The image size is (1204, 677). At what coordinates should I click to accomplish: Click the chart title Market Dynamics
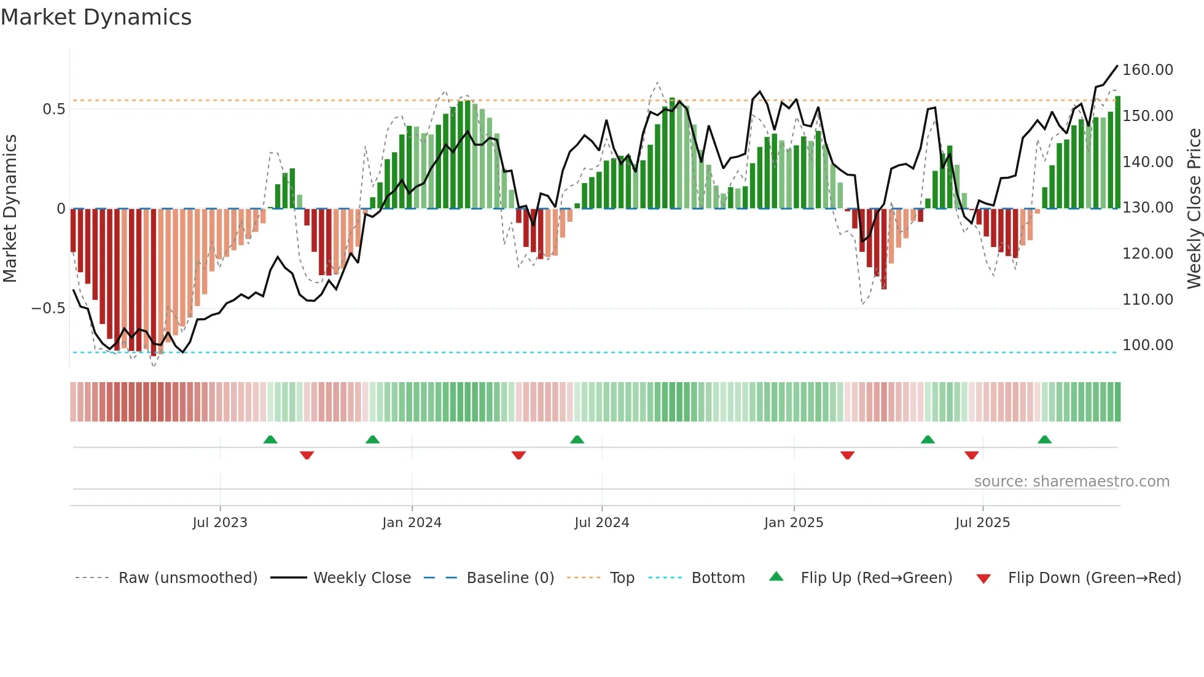pos(96,17)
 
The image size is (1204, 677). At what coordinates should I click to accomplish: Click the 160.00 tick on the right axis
pos(1147,70)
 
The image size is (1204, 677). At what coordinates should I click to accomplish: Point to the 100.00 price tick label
pos(1147,345)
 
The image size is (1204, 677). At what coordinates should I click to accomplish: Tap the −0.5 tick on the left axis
pos(49,308)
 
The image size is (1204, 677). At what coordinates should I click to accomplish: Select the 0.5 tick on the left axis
pos(54,109)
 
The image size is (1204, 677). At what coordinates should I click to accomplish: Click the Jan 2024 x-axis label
pos(412,523)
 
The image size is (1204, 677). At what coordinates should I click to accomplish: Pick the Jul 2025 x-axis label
pos(982,523)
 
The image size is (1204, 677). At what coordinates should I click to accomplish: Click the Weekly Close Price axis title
pos(1194,209)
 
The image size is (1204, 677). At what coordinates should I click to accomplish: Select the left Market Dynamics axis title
pos(10,209)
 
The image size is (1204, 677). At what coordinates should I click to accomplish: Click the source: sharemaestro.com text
pos(1071,482)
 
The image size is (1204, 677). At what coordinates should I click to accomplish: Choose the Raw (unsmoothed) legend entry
pos(187,578)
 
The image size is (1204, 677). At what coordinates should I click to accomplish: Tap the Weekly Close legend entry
pos(362,578)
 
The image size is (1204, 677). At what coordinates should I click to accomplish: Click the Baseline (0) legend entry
pos(510,578)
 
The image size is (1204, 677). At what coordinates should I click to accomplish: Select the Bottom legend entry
pos(717,578)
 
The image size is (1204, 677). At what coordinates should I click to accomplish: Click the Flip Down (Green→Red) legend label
pos(1094,578)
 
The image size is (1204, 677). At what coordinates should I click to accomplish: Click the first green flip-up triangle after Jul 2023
pos(270,439)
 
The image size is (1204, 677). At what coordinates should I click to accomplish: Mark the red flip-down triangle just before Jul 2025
pos(971,455)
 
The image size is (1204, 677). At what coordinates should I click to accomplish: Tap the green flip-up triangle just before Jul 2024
pos(577,439)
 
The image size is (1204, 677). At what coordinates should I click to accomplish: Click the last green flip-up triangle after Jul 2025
pos(1044,439)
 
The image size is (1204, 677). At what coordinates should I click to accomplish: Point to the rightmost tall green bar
pos(1117,154)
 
